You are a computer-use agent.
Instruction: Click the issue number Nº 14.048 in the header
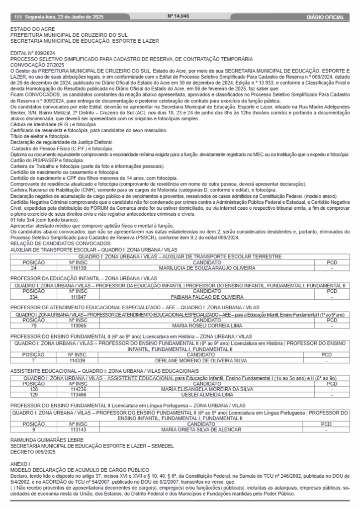(179, 17)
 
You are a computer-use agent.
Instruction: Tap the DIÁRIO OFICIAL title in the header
(326, 17)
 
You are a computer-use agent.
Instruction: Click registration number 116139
(79, 268)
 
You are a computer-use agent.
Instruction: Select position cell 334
(34, 297)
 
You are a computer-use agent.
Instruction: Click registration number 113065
(79, 326)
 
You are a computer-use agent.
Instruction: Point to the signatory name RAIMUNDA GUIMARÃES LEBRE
(47, 440)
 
